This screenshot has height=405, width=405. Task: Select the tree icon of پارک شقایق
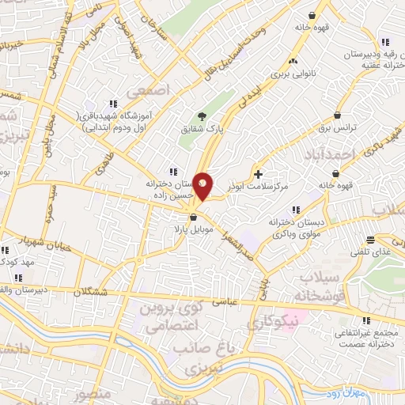(x=201, y=118)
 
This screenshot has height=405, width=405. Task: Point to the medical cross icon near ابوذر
(x=259, y=174)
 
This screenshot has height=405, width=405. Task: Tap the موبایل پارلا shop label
(x=192, y=229)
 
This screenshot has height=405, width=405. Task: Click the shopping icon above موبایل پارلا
(x=192, y=218)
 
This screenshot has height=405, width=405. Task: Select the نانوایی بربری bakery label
(x=293, y=74)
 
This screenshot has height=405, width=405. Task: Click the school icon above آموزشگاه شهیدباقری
(x=114, y=103)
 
